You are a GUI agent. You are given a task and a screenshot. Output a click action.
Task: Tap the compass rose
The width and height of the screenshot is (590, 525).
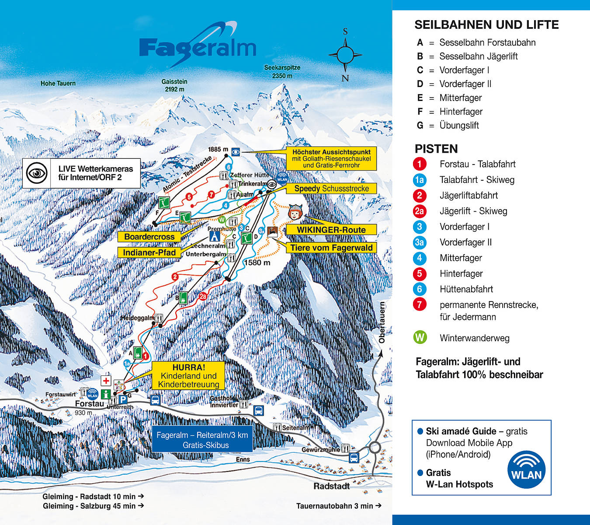click(x=345, y=55)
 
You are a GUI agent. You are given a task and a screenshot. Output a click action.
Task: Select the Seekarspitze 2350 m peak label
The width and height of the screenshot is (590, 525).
click(x=282, y=72)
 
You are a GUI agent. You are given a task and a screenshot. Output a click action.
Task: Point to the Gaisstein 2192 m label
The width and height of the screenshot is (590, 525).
click(x=174, y=85)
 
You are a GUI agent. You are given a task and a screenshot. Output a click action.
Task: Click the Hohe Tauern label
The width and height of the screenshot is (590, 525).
click(x=58, y=83)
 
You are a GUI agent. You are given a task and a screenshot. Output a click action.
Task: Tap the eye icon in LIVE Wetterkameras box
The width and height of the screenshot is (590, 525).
click(x=37, y=173)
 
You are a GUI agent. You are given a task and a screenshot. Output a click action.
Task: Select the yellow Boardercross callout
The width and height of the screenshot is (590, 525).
click(x=149, y=237)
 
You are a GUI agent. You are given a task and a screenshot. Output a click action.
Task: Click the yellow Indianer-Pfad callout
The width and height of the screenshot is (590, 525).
click(x=149, y=252)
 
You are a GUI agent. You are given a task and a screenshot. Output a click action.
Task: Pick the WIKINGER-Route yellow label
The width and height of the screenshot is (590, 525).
click(x=331, y=230)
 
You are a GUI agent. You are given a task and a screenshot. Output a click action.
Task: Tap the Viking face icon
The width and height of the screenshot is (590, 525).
click(x=295, y=213)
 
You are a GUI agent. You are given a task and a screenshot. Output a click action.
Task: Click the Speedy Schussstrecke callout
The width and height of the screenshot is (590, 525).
click(x=331, y=189)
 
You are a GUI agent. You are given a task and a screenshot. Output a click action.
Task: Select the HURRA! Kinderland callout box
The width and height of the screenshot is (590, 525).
click(x=188, y=376)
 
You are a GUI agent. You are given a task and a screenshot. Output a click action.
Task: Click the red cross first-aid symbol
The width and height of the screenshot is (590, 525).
click(x=106, y=381)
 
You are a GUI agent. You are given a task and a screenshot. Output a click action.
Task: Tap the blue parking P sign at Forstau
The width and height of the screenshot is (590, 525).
click(x=123, y=399)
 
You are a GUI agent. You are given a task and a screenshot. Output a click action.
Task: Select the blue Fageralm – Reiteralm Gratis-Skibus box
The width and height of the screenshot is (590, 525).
click(x=202, y=440)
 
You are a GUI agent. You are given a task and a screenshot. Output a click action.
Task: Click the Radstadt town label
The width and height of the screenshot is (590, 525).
click(x=331, y=486)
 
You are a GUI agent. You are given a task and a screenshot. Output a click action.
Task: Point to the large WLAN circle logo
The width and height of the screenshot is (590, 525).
click(x=526, y=470)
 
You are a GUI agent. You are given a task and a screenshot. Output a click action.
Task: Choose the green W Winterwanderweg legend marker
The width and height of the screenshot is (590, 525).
click(x=420, y=338)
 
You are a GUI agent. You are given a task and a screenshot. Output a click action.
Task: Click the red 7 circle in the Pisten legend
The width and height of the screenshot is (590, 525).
click(x=420, y=304)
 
